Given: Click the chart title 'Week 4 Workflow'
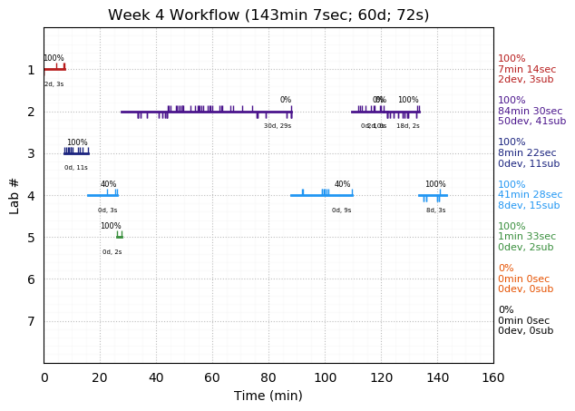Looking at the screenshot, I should (x=268, y=15).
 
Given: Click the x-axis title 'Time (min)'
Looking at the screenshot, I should (x=268, y=396).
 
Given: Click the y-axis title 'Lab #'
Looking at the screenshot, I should (x=15, y=195).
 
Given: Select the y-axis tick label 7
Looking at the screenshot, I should (x=31, y=321).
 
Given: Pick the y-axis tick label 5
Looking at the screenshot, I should (x=31, y=238).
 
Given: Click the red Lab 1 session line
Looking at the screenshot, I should (x=54, y=69).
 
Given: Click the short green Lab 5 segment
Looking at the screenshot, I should (x=119, y=237).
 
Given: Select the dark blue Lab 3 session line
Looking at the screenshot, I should (x=76, y=153).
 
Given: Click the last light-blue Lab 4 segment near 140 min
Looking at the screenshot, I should (x=433, y=195).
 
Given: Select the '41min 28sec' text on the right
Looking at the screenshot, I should (x=530, y=195).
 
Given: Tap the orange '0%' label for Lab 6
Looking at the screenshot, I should (x=505, y=269).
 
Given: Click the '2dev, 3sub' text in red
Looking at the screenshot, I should (x=525, y=80).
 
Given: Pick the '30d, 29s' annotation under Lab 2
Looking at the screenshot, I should (x=278, y=126).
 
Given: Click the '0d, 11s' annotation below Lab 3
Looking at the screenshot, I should (x=76, y=168).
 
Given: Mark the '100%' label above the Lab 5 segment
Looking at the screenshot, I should (x=111, y=226).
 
